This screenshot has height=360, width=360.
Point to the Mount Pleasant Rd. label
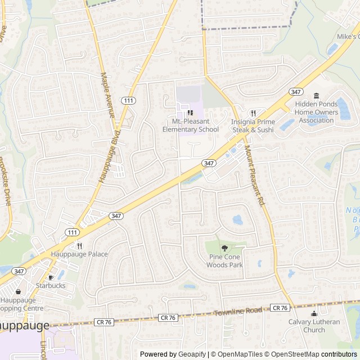[254, 175]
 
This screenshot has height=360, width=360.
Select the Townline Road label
[238, 310]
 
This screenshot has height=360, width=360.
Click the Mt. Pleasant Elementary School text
[190, 125]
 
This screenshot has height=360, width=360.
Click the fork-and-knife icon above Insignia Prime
[253, 112]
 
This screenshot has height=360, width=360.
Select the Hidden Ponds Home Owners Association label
[316, 112]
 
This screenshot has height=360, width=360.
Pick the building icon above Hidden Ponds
[316, 95]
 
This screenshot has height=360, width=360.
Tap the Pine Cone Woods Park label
[224, 261]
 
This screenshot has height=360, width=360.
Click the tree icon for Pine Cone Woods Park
[224, 248]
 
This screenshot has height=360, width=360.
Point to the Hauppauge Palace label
[79, 254]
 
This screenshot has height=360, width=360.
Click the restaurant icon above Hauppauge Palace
[79, 245]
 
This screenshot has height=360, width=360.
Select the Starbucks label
[51, 285]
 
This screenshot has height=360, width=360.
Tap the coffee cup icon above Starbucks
[51, 277]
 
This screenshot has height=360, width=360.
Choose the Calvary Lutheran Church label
[314, 326]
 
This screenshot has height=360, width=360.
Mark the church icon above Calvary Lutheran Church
[314, 313]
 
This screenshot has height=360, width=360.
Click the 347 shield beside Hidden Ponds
[296, 92]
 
